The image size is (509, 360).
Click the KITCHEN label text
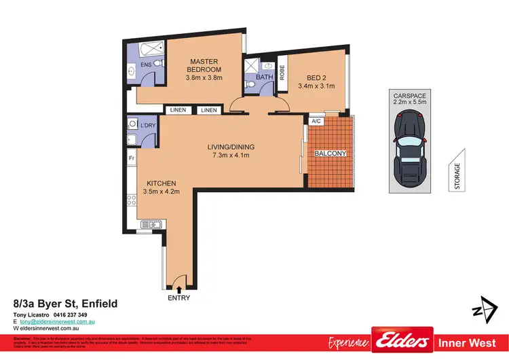[160, 183]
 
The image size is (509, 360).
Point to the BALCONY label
[331, 154]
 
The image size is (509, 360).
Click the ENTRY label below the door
[179, 298]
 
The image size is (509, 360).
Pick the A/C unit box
[316, 122]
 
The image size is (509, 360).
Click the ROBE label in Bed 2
[282, 73]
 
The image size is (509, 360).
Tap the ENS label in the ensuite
[145, 65]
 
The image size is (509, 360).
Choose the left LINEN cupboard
[178, 110]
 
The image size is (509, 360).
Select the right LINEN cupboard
[209, 110]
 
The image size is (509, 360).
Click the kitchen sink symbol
[150, 225]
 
